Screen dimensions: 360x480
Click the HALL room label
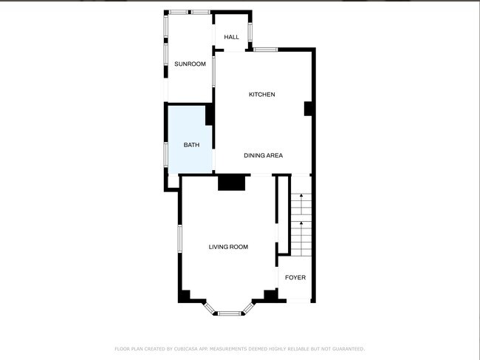232,37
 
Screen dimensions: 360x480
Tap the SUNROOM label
190,64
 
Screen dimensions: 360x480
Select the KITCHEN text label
261,95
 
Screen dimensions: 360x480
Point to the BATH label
191,145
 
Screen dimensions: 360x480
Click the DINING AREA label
264,155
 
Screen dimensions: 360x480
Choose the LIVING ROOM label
228,247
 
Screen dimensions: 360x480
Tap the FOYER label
295,278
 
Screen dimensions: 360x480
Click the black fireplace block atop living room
231,183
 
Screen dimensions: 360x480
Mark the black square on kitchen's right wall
309,109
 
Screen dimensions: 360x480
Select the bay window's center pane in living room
229,313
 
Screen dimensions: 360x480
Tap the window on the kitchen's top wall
265,50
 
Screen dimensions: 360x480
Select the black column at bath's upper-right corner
210,115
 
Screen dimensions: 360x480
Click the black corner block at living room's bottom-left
184,296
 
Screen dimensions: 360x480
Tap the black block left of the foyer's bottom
270,296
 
